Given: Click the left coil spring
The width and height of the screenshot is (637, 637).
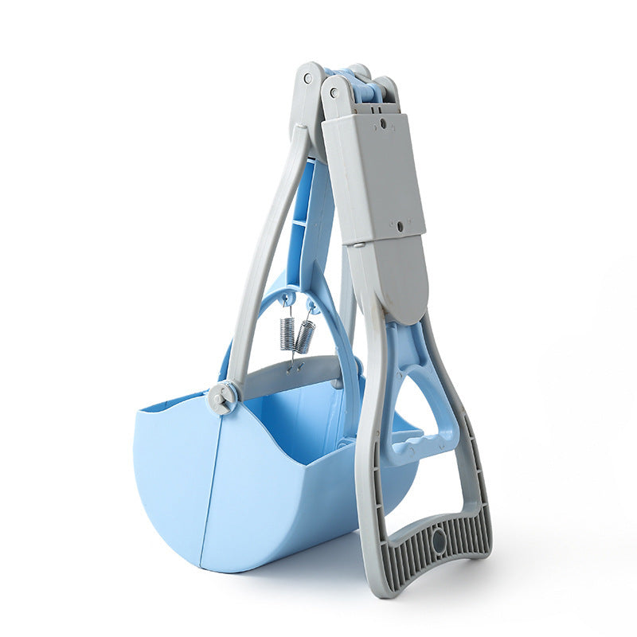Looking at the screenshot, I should (287, 333).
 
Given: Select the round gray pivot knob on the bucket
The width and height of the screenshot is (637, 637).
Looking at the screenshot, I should (222, 397).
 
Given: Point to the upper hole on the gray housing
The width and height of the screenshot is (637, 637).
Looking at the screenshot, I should (382, 123).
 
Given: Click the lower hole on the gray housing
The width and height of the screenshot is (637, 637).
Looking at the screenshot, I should (399, 226).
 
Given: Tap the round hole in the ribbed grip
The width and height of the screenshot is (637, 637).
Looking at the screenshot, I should (438, 541).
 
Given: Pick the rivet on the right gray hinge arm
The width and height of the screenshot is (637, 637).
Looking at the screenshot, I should (334, 92).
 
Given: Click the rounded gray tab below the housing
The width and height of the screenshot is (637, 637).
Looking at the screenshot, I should (395, 279).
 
